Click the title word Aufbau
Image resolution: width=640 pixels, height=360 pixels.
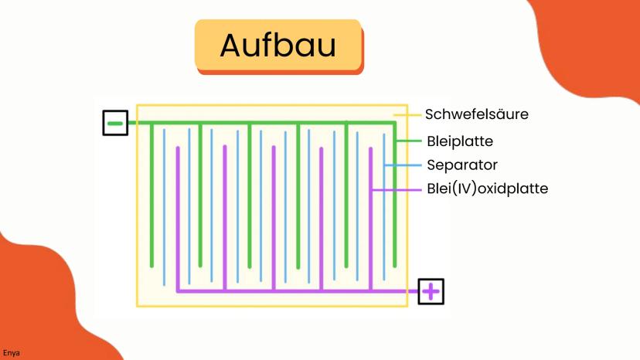[278, 45]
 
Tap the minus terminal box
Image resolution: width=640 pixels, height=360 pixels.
[115, 123]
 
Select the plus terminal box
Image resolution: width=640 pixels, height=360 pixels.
[431, 291]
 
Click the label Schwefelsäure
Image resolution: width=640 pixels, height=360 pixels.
[477, 114]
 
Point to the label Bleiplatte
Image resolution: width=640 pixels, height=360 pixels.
[460, 141]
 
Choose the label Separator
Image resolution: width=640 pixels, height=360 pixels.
[462, 165]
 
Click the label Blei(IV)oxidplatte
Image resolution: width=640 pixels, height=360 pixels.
[488, 188]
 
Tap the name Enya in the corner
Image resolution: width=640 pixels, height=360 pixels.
[11, 353]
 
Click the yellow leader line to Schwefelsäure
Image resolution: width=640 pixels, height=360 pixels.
[407, 115]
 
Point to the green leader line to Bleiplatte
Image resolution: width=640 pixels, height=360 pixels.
[409, 141]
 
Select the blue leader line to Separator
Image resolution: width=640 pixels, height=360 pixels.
[403, 165]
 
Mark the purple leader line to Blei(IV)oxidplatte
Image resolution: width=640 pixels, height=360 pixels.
[396, 190]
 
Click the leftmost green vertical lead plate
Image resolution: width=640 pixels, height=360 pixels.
[151, 195]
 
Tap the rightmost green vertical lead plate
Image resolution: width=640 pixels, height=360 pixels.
[395, 195]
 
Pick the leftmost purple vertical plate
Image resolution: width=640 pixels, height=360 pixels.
[178, 219]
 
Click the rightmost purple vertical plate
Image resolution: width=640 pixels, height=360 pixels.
[370, 219]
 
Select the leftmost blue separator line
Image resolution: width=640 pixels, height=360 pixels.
[164, 207]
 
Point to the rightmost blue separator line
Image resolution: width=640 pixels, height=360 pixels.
[384, 206]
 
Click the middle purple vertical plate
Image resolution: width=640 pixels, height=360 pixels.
[274, 219]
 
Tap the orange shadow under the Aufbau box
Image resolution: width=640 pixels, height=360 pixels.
[280, 71]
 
